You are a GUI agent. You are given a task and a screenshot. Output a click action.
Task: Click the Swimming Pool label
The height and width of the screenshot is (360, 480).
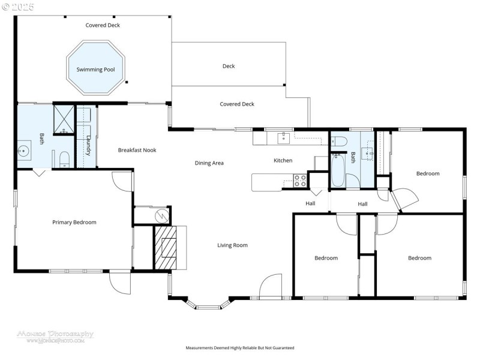point(95,70)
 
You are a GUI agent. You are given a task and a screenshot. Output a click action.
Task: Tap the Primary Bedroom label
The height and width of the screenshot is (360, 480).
point(74,223)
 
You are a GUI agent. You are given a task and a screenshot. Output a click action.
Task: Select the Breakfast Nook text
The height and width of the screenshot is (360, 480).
point(137,150)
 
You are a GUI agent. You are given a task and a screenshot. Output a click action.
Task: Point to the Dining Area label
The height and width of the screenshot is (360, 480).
point(209,163)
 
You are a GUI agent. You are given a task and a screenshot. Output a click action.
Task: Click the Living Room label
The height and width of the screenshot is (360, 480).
point(232,245)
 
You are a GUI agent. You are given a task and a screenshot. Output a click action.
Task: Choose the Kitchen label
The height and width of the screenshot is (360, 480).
point(283,161)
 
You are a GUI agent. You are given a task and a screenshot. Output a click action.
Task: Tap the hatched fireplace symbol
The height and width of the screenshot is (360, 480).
point(165,247)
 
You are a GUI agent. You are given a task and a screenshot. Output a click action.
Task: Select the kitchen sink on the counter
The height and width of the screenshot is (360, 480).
point(283,139)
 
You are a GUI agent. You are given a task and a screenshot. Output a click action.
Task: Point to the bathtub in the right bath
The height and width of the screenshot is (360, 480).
point(337,171)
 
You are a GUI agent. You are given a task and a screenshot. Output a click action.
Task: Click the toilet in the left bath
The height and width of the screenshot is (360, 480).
point(64,159)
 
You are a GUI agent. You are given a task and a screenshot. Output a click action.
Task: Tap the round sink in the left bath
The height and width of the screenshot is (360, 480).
point(24,151)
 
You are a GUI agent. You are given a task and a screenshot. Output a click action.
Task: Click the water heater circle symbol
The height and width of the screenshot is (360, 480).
point(161,215)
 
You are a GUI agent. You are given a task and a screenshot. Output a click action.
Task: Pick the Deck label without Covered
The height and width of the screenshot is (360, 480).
point(229,67)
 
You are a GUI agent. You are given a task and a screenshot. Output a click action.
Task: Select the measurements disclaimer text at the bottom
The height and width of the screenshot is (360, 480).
point(240,348)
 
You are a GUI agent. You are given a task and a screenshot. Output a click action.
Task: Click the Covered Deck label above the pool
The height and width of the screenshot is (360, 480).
point(103,25)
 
